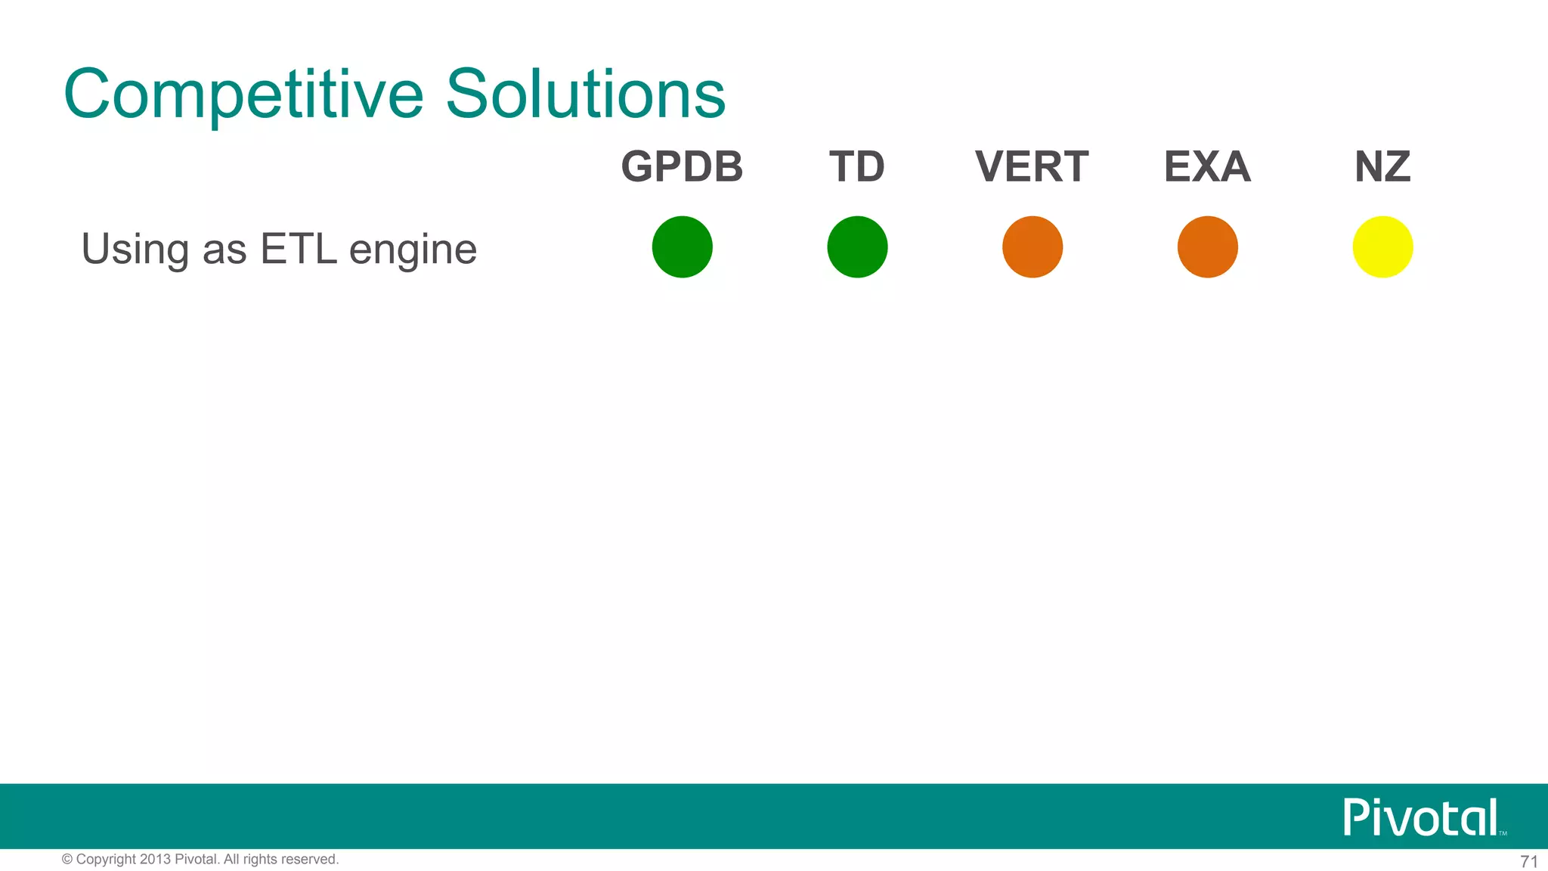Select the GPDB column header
pos(682,166)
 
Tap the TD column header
pos(857,166)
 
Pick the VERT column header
pos(1032,166)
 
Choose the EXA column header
pos(1207,166)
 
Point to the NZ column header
pos(1382,166)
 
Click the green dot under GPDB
pos(682,247)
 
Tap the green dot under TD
pos(857,247)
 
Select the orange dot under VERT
pos(1033,247)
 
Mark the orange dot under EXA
pos(1207,247)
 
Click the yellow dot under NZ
pos(1382,247)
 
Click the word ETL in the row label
pos(298,249)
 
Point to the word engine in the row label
pos(413,250)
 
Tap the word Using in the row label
pos(135,250)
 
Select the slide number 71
pos(1528,862)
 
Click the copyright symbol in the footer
pos(67,860)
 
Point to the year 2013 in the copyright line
pos(156,860)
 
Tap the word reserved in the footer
pos(309,860)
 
